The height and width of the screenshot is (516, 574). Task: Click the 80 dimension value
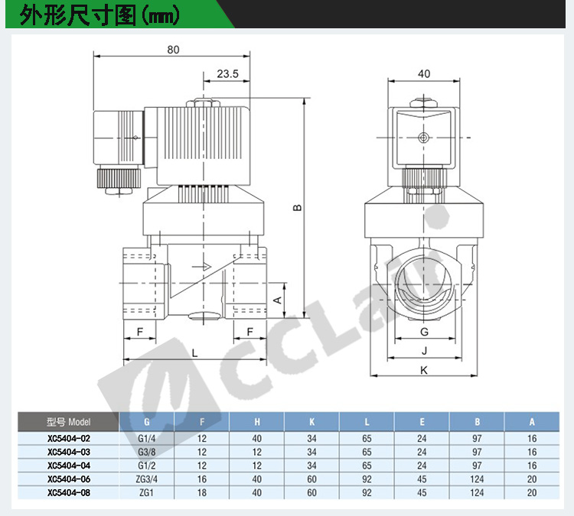tap(173, 50)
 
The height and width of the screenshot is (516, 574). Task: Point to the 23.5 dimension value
tap(227, 73)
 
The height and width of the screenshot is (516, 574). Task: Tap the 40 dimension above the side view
tap(424, 73)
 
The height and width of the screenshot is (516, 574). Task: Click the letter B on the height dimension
tap(298, 207)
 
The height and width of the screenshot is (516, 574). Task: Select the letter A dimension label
tap(278, 300)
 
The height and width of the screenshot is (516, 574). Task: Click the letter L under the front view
tap(194, 353)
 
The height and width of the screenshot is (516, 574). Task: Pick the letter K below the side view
tap(424, 370)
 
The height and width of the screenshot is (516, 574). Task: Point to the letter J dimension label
tap(424, 351)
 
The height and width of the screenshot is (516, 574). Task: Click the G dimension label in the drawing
tap(424, 332)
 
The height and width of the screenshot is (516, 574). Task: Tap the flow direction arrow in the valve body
tap(202, 267)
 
